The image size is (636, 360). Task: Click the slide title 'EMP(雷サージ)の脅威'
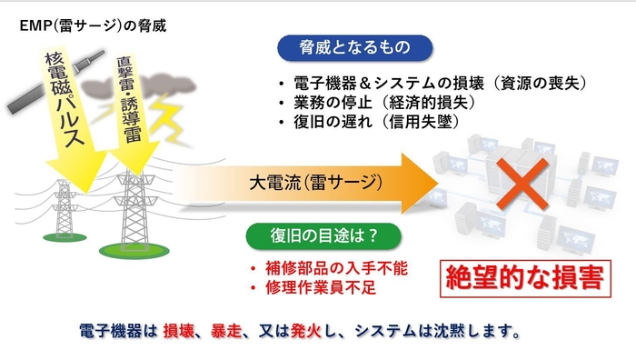point(94,24)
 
